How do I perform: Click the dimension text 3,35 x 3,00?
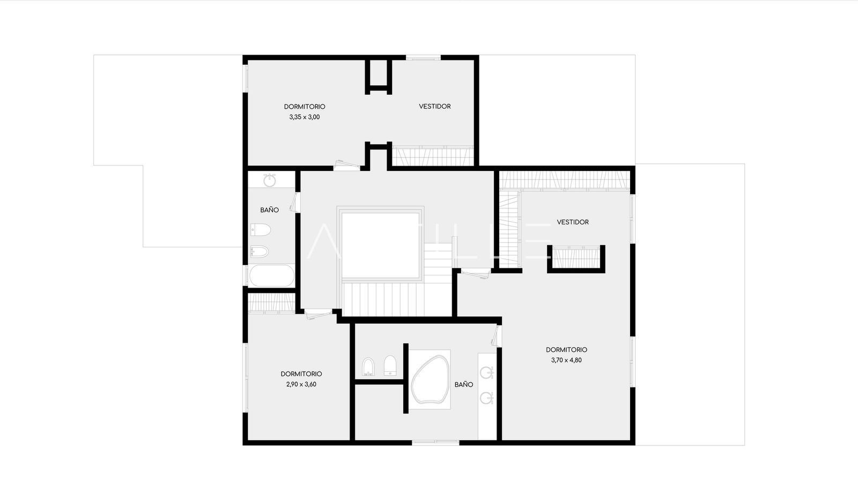tap(305, 117)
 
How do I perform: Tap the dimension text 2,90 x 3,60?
tap(301, 385)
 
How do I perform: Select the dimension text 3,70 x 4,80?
tap(566, 360)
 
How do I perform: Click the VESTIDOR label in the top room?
tap(435, 107)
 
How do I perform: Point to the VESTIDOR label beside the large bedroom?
tap(573, 222)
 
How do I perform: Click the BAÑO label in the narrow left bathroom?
tap(269, 209)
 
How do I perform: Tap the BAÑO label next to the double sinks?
tap(464, 385)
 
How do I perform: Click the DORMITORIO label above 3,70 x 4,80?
tap(566, 350)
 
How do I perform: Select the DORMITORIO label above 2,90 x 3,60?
tap(301, 374)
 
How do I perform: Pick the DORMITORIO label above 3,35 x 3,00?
tap(305, 107)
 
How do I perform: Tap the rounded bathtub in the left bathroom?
tap(272, 275)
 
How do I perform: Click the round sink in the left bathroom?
tap(270, 180)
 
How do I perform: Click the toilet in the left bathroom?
tap(261, 230)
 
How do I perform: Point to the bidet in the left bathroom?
tap(260, 251)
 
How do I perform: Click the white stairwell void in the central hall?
tap(380, 245)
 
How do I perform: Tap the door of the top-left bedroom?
tap(346, 165)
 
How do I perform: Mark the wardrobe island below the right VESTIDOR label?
tap(576, 259)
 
